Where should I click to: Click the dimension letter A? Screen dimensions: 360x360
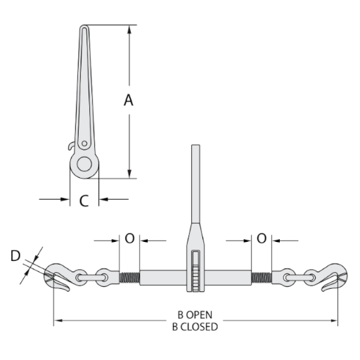pos(129,100)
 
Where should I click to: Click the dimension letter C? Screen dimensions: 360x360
pos(84,201)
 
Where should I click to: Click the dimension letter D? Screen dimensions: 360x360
pos(15,256)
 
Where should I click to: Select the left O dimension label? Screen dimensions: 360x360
pos(129,238)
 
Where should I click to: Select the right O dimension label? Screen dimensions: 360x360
pos(262,238)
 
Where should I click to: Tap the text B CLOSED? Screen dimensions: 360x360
pos(195,326)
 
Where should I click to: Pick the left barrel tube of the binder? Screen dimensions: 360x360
pos(162,278)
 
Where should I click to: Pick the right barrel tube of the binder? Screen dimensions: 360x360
pos(228,278)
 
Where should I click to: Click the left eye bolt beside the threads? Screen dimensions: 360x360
pos(103,277)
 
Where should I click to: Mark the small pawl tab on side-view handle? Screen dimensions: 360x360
pos(72,146)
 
